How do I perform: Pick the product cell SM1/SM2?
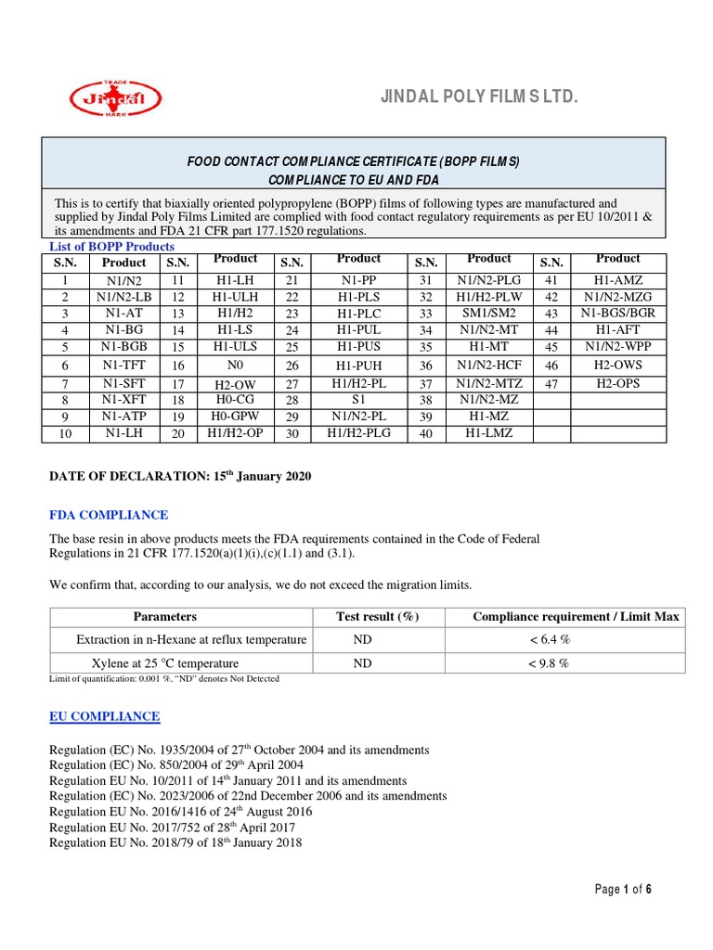[x=489, y=313]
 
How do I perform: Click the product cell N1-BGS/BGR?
[x=618, y=313]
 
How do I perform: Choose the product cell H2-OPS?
[x=618, y=382]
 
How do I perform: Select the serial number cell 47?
[x=551, y=383]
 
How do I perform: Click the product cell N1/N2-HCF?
[x=489, y=365]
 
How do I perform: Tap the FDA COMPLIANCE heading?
[x=109, y=515]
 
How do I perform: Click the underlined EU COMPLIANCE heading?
[x=104, y=716]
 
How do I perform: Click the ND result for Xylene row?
[x=362, y=662]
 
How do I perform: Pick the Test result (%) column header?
[x=377, y=616]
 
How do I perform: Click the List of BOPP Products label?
[x=111, y=247]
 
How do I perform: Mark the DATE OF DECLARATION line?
[x=180, y=476]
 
